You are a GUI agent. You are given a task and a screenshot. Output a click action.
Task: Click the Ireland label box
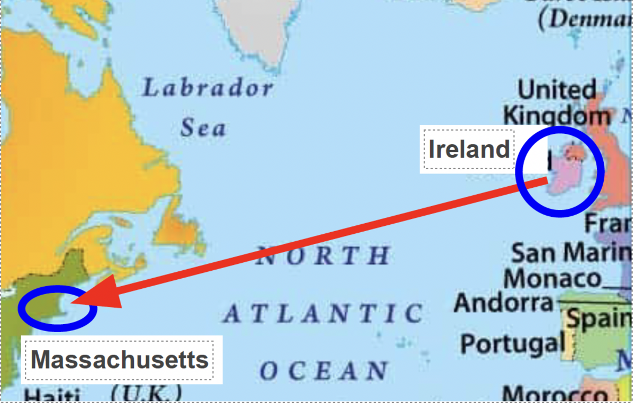(468, 149)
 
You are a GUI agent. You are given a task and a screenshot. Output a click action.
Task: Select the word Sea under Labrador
(203, 128)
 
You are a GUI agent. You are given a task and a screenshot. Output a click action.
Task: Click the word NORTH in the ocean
(323, 257)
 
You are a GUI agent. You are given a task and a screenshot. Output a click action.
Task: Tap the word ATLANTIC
(323, 314)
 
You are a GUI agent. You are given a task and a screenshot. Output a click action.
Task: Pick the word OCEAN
(324, 371)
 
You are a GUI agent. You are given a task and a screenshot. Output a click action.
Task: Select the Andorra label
(503, 303)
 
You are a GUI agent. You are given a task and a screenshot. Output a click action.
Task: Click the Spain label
(598, 319)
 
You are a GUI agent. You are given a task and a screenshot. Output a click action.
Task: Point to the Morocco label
(555, 394)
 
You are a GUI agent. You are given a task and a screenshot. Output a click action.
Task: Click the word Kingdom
(556, 115)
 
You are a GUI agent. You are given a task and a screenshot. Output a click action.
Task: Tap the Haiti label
(52, 396)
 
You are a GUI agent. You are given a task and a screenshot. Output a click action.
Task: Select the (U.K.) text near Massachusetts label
(147, 393)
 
